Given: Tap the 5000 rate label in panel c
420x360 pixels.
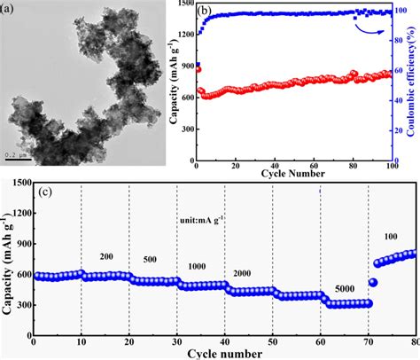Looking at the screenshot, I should pos(342,289).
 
